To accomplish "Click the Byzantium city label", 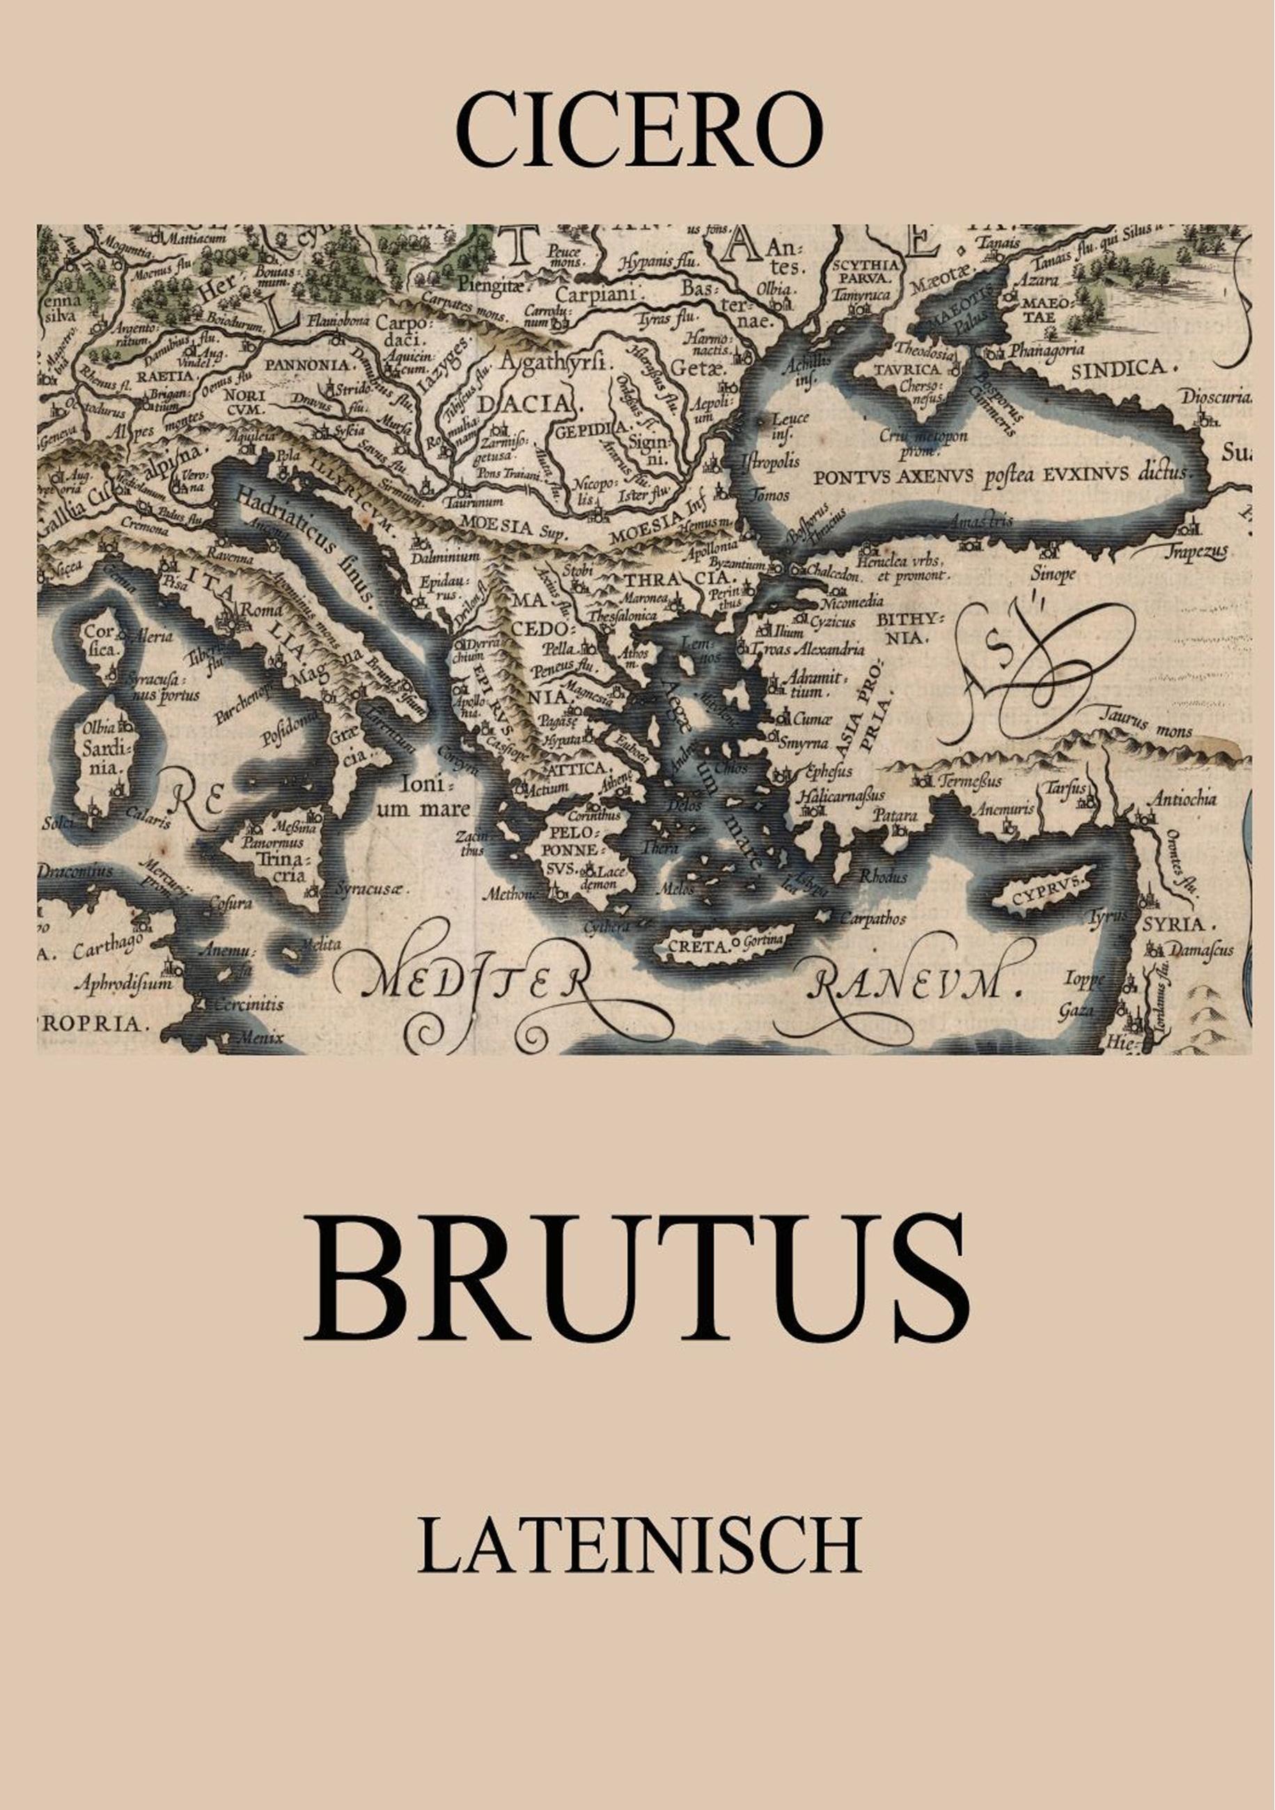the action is pyautogui.click(x=737, y=564).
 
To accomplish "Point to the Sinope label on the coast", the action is pyautogui.click(x=1053, y=575).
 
